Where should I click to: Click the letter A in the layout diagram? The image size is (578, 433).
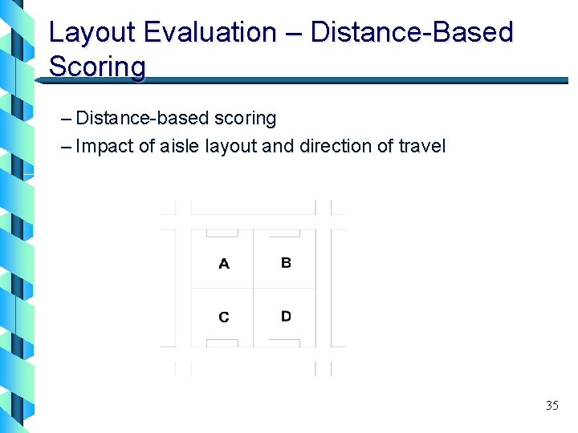pyautogui.click(x=224, y=264)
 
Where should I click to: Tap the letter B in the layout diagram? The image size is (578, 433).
pyautogui.click(x=286, y=262)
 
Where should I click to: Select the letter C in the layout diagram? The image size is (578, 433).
pyautogui.click(x=224, y=318)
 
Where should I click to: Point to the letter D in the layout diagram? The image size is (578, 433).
pyautogui.click(x=286, y=316)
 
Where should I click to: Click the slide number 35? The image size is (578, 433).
pyautogui.click(x=552, y=405)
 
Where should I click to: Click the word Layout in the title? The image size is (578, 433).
pyautogui.click(x=93, y=33)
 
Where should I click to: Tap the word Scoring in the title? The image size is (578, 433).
pyautogui.click(x=97, y=67)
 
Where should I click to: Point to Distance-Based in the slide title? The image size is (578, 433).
pyautogui.click(x=412, y=33)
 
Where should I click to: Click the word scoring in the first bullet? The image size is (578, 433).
pyautogui.click(x=245, y=119)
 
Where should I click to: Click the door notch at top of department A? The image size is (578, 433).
pyautogui.click(x=222, y=233)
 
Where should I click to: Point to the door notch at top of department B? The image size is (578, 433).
pyautogui.click(x=284, y=233)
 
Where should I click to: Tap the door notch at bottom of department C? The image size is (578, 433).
pyautogui.click(x=222, y=342)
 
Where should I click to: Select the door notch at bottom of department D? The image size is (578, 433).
pyautogui.click(x=284, y=342)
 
